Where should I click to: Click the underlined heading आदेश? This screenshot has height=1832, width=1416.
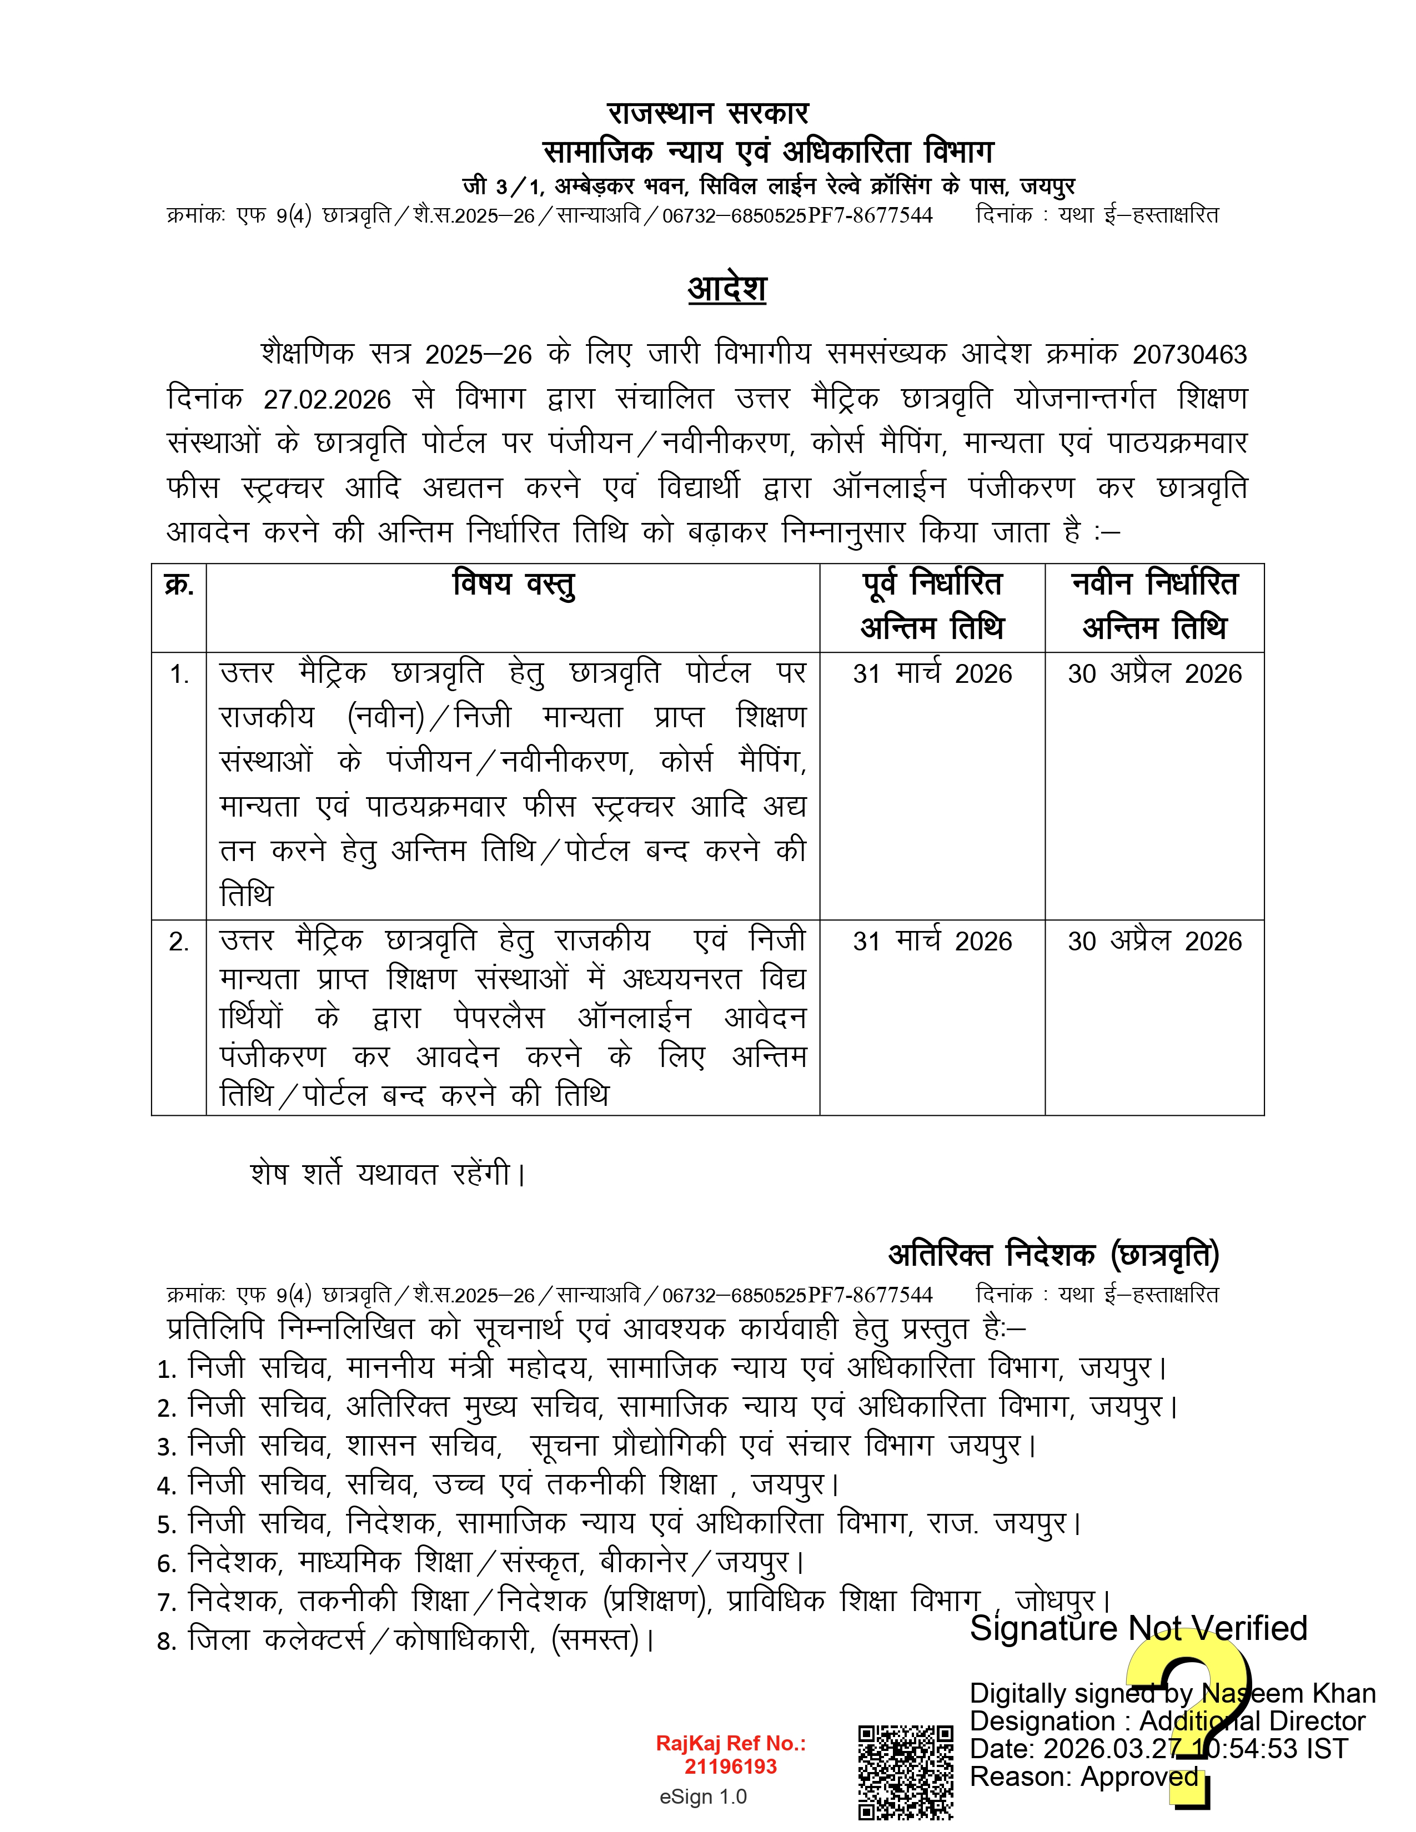pos(726,289)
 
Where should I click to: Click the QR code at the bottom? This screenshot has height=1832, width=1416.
pos(905,1771)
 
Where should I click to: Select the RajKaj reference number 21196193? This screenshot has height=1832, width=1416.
pos(731,1766)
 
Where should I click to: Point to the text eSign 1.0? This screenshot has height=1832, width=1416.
pos(703,1797)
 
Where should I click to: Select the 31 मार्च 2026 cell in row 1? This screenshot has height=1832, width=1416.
pos(932,673)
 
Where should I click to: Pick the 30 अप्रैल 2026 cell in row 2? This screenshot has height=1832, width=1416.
pos(1154,941)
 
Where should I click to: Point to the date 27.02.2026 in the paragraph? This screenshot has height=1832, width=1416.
pos(327,399)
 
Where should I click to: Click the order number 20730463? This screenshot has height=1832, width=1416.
pos(1189,355)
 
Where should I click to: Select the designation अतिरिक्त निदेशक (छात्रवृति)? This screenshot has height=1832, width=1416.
pos(1053,1254)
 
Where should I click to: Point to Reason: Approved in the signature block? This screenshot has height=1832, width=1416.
pos(1084,1776)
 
